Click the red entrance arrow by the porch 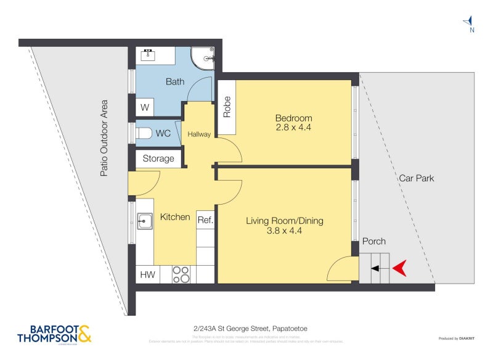click(x=399, y=268)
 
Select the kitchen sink click(x=145, y=220)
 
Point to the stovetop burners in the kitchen click(x=181, y=274)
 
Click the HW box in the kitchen click(x=147, y=274)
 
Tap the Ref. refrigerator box click(x=205, y=220)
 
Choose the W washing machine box click(x=145, y=107)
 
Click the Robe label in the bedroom click(x=226, y=107)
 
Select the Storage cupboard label click(x=158, y=158)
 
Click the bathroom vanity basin click(x=149, y=55)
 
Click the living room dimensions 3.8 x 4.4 click(x=284, y=231)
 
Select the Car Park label click(x=416, y=178)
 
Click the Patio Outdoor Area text click(x=104, y=138)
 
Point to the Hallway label click(x=199, y=134)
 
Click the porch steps click(x=375, y=268)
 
